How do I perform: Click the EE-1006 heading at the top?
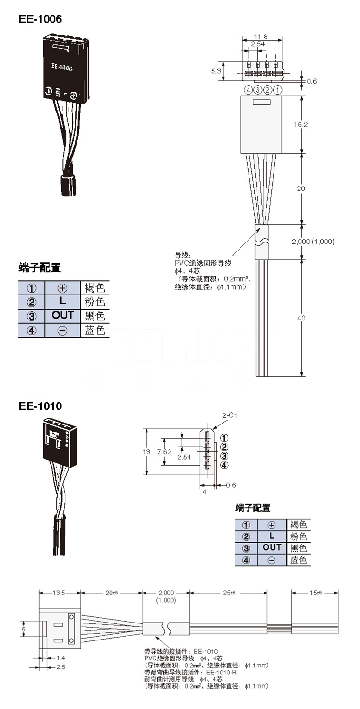coord(40,19)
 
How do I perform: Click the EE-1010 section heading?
coord(40,406)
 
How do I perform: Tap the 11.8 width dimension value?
coord(260,36)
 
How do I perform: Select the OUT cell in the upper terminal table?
coord(62,315)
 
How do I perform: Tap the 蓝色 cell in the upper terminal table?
coord(94,330)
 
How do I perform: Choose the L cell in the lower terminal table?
coord(272,536)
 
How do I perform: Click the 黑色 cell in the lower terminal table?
coord(299,548)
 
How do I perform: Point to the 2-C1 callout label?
coord(229,415)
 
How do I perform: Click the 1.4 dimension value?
coord(60,657)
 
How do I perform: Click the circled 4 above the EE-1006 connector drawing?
coord(248,90)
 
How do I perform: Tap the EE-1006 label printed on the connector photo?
coord(61,67)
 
